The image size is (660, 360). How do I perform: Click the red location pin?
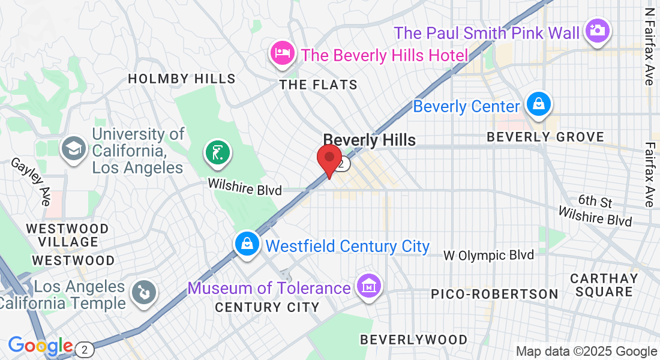click(x=329, y=159)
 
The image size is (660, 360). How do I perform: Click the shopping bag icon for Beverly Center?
click(x=539, y=104)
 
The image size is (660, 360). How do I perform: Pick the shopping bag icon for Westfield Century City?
click(x=247, y=244)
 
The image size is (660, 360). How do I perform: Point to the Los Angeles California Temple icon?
click(x=144, y=293)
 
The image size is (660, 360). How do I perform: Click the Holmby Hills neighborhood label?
click(x=181, y=79)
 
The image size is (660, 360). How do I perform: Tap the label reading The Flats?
click(x=319, y=85)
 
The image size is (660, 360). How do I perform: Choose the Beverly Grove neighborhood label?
click(x=545, y=137)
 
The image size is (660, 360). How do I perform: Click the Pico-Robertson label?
click(x=495, y=294)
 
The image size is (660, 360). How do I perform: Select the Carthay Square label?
click(x=604, y=285)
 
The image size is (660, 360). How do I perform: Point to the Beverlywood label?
click(x=413, y=340)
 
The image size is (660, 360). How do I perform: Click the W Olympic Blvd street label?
click(x=488, y=256)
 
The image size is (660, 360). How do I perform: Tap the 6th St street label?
click(x=595, y=200)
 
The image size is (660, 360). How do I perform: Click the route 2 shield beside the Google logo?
click(x=86, y=349)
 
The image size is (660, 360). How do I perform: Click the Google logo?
click(x=40, y=346)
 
